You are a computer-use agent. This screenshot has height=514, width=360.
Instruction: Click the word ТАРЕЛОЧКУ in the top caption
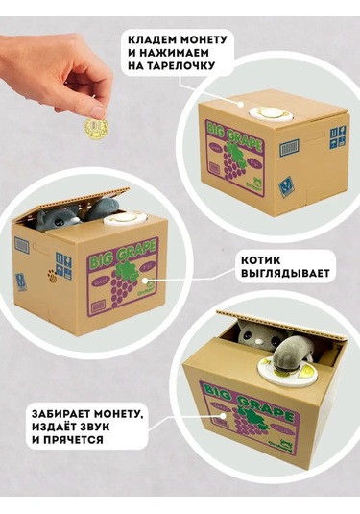pyautogui.click(x=180, y=65)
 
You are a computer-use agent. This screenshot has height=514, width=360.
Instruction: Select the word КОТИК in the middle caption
pyautogui.click(x=261, y=260)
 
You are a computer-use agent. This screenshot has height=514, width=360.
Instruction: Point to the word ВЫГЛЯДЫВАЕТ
pyautogui.click(x=285, y=274)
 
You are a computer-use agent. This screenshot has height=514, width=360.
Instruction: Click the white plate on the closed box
pyautogui.click(x=271, y=114)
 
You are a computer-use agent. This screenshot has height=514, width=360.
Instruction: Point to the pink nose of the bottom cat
pyautogui.click(x=260, y=341)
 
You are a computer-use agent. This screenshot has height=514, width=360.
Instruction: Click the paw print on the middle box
pyautogui.click(x=52, y=276)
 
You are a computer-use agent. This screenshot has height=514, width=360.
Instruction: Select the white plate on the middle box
pyautogui.click(x=126, y=219)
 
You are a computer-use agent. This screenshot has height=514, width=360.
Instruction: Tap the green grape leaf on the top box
pyautogui.click(x=236, y=154)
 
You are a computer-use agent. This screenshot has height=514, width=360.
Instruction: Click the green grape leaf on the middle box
pyautogui.click(x=125, y=272)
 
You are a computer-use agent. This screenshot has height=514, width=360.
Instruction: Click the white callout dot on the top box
pyautogui.click(x=241, y=105)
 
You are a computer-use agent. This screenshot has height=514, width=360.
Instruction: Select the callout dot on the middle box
pyautogui.click(x=143, y=281)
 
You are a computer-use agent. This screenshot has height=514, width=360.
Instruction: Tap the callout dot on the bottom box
pyautogui.click(x=224, y=416)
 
